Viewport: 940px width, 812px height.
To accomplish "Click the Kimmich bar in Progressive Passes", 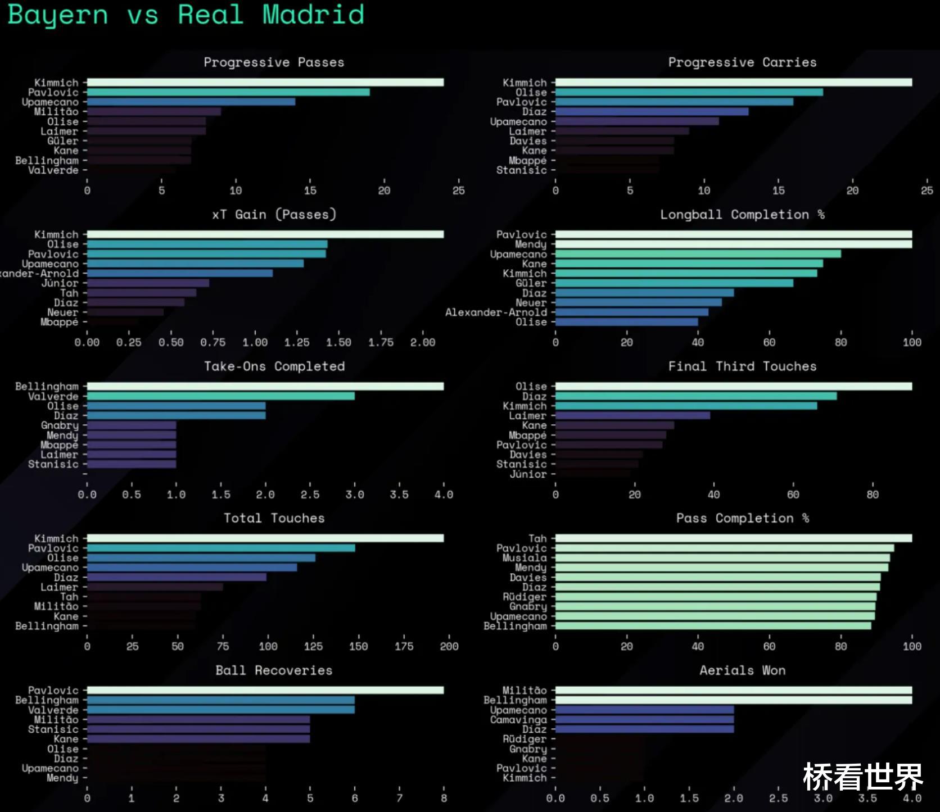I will [x=265, y=83].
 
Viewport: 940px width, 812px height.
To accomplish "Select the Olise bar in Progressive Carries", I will [x=689, y=92].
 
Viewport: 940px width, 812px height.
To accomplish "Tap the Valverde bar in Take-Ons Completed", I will [x=220, y=396].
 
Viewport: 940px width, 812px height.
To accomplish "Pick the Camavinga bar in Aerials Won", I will [x=644, y=720].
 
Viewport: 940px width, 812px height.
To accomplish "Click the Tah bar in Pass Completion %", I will [x=733, y=538].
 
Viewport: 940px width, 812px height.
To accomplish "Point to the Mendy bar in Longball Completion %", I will [x=733, y=244].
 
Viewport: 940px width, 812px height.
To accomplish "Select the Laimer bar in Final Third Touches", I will [x=632, y=416].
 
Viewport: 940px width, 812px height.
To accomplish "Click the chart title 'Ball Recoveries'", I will [x=274, y=670].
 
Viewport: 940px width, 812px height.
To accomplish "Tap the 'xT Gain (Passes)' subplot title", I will [x=274, y=215].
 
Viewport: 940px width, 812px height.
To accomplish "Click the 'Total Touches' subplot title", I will [x=274, y=518].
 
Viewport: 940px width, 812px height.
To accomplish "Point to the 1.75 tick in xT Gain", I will [x=381, y=342].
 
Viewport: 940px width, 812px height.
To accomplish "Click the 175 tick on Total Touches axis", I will [x=404, y=646].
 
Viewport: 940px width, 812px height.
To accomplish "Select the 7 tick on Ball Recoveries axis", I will [x=399, y=798].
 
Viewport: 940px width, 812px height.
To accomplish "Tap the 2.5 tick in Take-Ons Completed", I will [x=310, y=495].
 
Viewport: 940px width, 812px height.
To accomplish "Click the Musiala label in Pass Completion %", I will [x=525, y=558].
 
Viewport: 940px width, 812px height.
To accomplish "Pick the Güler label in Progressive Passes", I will [x=62, y=141].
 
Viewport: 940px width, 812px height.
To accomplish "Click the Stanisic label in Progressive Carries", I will [x=521, y=170].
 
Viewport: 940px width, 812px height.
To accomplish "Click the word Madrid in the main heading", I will [x=313, y=15].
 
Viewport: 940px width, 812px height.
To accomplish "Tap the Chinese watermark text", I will [x=862, y=777].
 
